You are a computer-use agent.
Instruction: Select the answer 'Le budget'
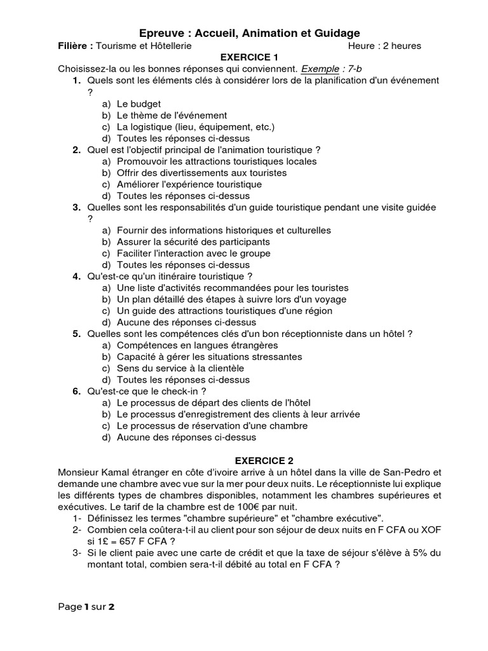click(x=139, y=104)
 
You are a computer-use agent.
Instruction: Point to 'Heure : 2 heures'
click(x=384, y=46)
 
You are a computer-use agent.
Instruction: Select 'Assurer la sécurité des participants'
click(x=193, y=242)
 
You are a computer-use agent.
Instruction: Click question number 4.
click(x=76, y=277)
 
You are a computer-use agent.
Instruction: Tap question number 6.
click(x=76, y=391)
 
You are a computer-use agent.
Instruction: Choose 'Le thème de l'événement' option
click(x=172, y=115)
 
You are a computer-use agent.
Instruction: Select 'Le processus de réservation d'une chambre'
click(x=212, y=426)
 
